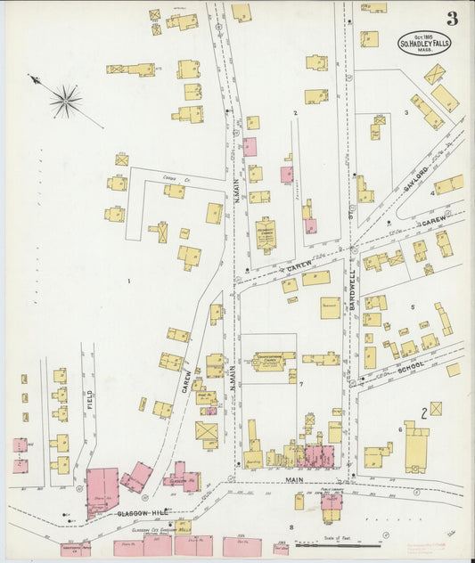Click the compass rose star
tap(65, 101)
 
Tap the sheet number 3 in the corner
tap(453, 18)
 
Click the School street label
tap(411, 366)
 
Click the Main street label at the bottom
tap(294, 479)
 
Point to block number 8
tap(291, 527)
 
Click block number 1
tap(129, 281)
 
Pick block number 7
tap(302, 384)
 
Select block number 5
tap(413, 307)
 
